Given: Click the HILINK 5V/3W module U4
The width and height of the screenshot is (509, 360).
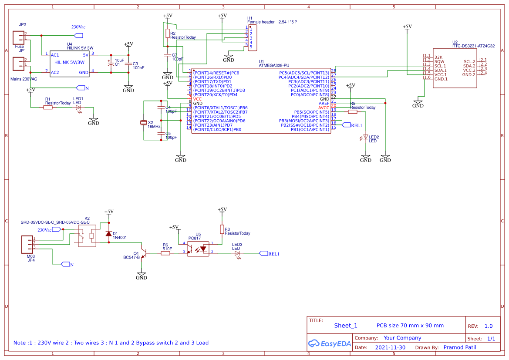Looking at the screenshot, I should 69,64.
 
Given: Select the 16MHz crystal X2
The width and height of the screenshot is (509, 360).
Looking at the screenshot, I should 144,123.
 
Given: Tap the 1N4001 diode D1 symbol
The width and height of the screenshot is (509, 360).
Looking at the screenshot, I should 108,234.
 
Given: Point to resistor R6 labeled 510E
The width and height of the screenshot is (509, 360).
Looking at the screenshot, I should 165,253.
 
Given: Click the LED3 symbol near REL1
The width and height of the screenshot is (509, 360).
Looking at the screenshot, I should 237,253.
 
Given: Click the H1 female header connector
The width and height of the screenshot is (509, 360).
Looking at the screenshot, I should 252,37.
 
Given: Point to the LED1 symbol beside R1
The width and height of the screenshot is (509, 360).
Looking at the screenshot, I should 78,107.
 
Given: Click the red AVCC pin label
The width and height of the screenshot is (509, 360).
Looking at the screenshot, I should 324,108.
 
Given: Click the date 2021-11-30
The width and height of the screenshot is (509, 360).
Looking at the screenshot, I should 390,348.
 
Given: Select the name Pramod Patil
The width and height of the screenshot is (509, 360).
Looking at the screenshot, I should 459,347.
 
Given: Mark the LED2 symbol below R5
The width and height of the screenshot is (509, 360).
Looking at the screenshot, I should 366,137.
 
